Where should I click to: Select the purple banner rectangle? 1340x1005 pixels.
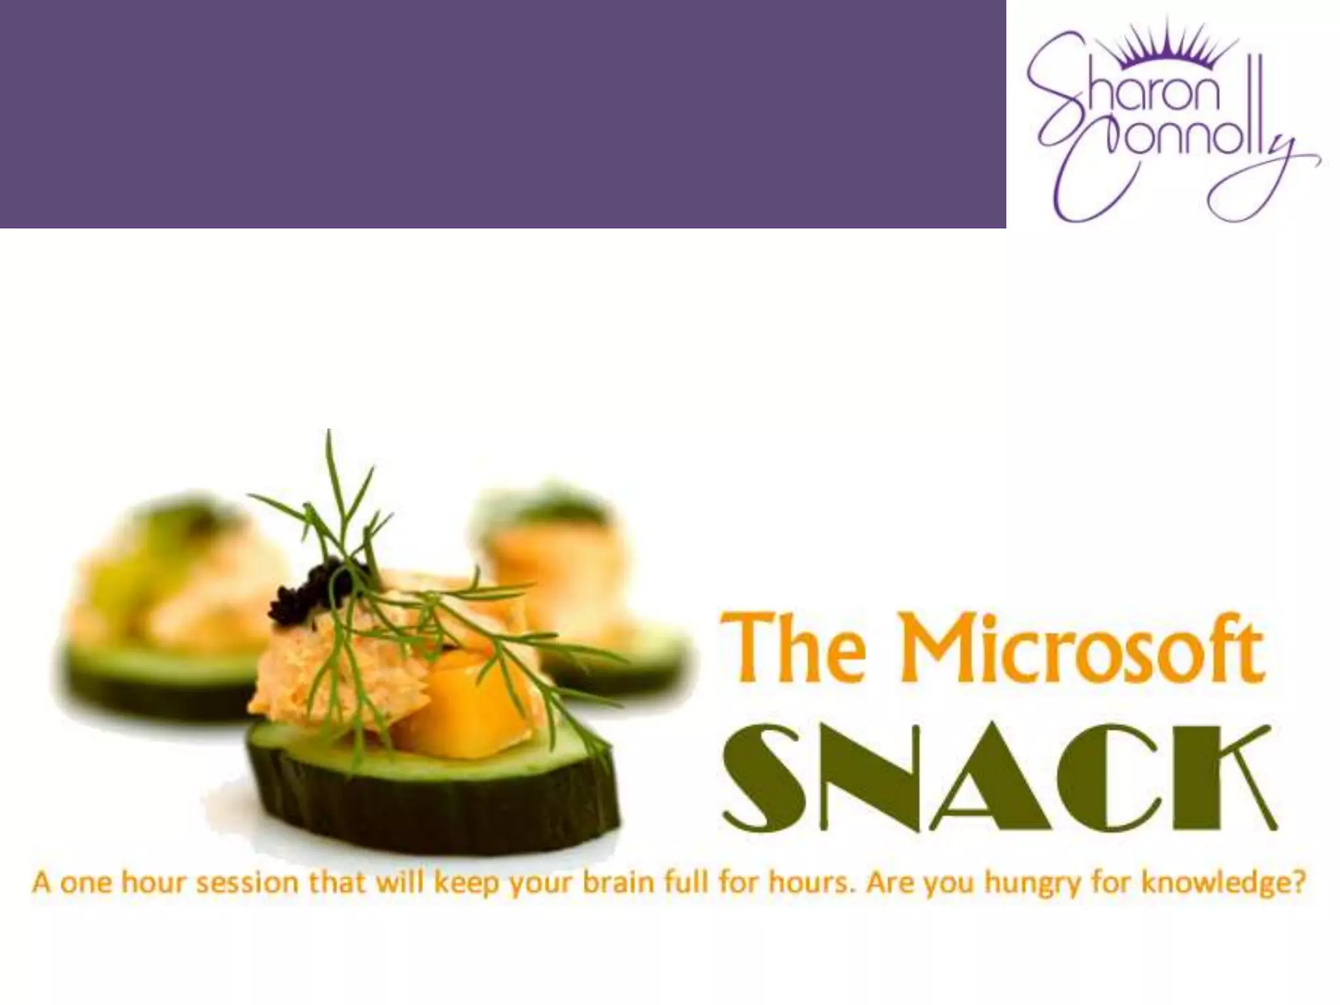point(502,114)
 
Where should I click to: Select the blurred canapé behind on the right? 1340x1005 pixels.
point(576,589)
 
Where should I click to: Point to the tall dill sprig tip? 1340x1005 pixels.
point(329,435)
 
